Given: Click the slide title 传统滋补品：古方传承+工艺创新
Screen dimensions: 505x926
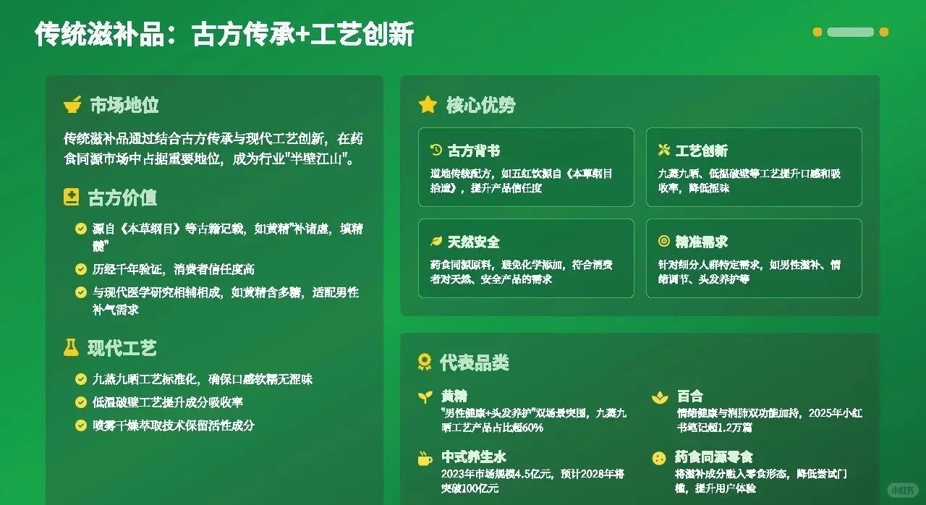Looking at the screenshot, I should point(224,35).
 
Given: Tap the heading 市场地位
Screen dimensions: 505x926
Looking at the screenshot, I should point(124,105).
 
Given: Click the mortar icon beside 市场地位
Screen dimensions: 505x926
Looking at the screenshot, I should point(72,105).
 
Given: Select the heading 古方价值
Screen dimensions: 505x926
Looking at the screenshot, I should point(122,198).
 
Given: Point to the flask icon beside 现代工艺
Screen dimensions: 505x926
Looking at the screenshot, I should point(71,348).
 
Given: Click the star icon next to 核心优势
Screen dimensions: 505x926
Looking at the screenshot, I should point(428,105).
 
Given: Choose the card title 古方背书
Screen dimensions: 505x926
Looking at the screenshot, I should point(474,150).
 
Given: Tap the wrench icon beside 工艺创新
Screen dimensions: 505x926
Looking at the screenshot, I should point(663,150).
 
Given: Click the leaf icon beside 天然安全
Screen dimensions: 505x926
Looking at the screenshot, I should point(436,242).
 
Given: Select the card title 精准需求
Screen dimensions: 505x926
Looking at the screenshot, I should point(701,242).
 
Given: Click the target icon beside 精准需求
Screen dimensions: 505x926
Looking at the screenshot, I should point(663,242).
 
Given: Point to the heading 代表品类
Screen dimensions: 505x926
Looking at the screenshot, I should point(474,362).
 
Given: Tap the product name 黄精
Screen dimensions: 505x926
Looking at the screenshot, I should point(454,396).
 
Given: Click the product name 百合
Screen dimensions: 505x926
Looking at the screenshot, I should point(689,396).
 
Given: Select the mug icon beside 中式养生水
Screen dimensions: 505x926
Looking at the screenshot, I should point(425,458).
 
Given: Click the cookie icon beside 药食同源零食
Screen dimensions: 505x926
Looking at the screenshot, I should point(658,458).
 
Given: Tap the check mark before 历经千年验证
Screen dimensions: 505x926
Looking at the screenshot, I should point(81,269).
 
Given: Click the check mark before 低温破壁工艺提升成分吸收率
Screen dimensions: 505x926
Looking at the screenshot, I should point(81,402).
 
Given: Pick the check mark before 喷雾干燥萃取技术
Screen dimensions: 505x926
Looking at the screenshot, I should point(81,425).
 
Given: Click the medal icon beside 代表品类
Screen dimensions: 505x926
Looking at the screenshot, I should point(425,362).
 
